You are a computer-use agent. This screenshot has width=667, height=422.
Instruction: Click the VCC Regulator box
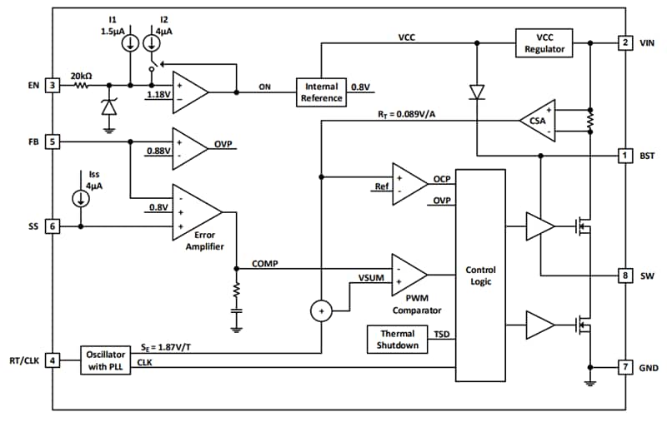click(545, 42)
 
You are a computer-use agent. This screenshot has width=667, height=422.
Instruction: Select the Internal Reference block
click(321, 92)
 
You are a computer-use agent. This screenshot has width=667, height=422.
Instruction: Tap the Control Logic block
click(479, 276)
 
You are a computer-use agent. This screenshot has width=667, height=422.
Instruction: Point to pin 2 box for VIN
click(624, 42)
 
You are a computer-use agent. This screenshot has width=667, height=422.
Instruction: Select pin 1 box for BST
click(624, 156)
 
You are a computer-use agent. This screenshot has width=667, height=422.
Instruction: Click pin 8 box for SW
click(624, 275)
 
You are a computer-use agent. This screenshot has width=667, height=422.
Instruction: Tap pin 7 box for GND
click(624, 367)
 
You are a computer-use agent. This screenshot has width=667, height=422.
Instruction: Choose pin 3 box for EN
click(52, 85)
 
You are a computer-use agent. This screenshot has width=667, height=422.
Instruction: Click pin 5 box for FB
click(52, 141)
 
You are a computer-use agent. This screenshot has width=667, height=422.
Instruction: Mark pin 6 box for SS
click(52, 226)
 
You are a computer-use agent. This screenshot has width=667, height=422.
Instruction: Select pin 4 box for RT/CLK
click(52, 360)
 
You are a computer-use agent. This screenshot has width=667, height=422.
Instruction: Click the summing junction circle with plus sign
click(320, 311)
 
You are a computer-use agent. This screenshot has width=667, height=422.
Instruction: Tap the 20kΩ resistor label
click(81, 75)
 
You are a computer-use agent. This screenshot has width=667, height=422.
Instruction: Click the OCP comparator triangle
click(408, 182)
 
